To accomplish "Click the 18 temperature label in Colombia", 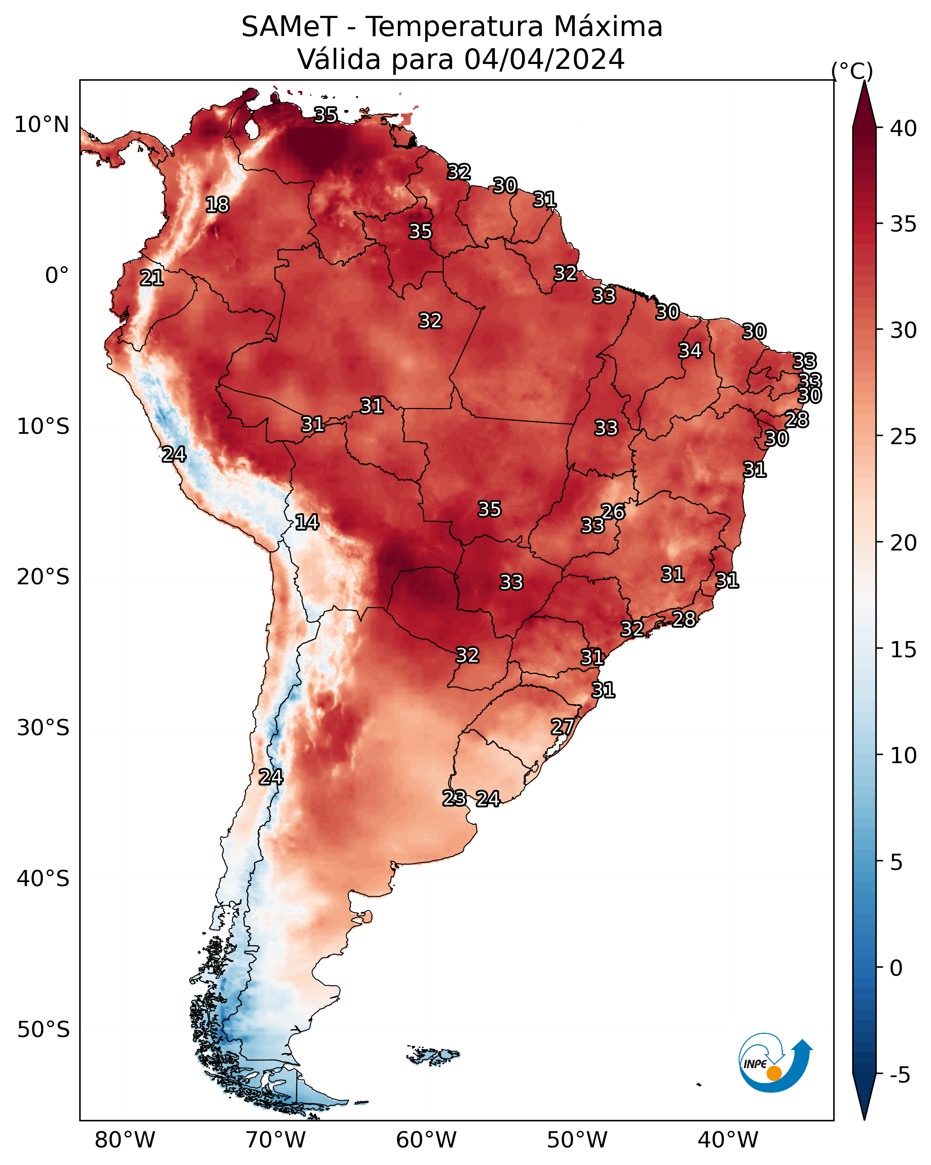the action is tap(217, 205).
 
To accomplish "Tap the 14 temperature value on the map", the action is tap(307, 522).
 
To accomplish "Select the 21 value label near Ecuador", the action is tap(152, 278).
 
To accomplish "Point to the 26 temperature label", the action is tap(613, 512).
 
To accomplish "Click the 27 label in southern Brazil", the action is tap(563, 727).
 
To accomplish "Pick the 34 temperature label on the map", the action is tap(690, 350).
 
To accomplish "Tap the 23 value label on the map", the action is tap(454, 798).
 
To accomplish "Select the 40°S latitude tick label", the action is tap(43, 878).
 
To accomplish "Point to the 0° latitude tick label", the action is tap(57, 276).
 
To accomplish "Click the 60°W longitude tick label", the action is tap(427, 1140).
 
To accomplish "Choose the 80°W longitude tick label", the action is tap(125, 1140).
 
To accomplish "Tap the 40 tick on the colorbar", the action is tap(904, 128).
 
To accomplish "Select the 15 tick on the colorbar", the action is tap(904, 650).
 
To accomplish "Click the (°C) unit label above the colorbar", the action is tap(852, 71).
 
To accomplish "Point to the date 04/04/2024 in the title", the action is tap(544, 59).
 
